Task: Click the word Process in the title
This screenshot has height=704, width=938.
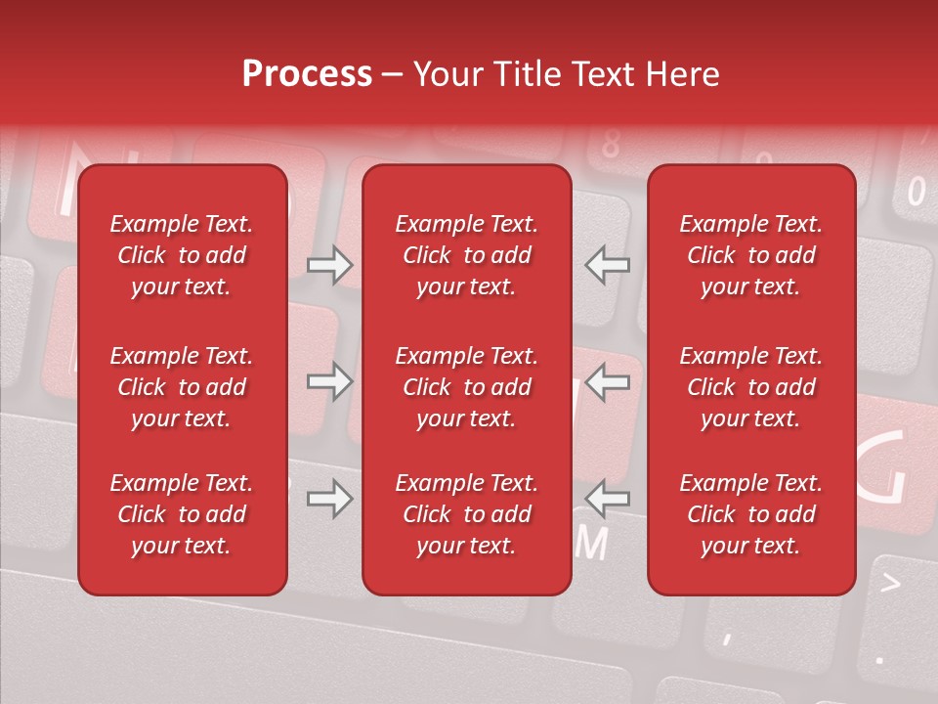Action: tap(307, 74)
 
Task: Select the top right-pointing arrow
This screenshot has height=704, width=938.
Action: tap(330, 265)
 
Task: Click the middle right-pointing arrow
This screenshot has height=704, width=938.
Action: tap(330, 381)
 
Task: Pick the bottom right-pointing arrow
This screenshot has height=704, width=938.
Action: tap(330, 500)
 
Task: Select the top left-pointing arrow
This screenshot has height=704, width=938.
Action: tap(608, 265)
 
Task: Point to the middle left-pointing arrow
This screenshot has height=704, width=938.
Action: tap(608, 381)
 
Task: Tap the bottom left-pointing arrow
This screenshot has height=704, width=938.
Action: tap(608, 500)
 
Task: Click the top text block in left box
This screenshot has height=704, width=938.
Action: tap(182, 255)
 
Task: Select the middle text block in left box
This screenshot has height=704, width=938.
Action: tap(182, 387)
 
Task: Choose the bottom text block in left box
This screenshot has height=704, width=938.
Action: tap(182, 514)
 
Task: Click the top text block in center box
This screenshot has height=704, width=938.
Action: tap(467, 255)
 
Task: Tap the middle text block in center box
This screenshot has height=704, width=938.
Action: tap(467, 387)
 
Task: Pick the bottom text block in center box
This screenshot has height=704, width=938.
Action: tap(467, 514)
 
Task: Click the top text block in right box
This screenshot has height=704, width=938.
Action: tap(751, 255)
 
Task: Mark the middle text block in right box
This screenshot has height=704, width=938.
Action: tap(751, 387)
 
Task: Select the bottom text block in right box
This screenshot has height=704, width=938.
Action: tap(751, 514)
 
